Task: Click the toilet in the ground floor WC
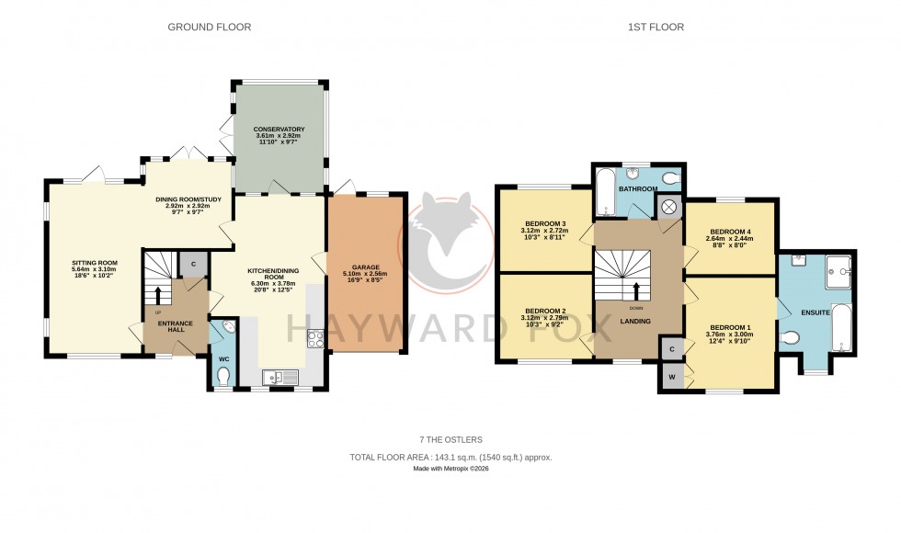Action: pyautogui.click(x=223, y=375)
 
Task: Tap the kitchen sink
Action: pyautogui.click(x=279, y=377)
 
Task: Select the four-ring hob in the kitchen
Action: pyautogui.click(x=314, y=339)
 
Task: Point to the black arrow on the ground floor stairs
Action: pyautogui.click(x=156, y=295)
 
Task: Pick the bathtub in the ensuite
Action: pyautogui.click(x=843, y=328)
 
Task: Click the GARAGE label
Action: pyautogui.click(x=365, y=267)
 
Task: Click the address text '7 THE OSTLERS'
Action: pyautogui.click(x=450, y=440)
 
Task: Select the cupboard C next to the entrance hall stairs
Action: pyautogui.click(x=192, y=264)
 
